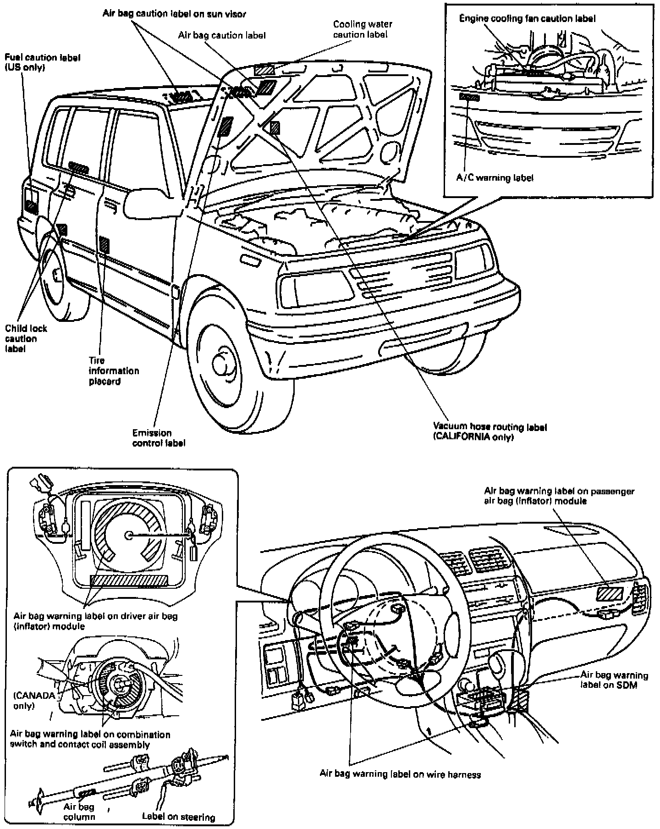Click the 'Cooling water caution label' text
363,29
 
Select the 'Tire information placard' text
114,370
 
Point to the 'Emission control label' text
159,438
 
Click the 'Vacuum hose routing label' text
490,427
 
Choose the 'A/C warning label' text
495,177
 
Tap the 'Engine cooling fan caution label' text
528,18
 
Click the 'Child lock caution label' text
26,338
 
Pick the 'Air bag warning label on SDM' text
614,680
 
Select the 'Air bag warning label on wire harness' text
400,774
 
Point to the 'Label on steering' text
178,817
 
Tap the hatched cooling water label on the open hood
265,70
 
